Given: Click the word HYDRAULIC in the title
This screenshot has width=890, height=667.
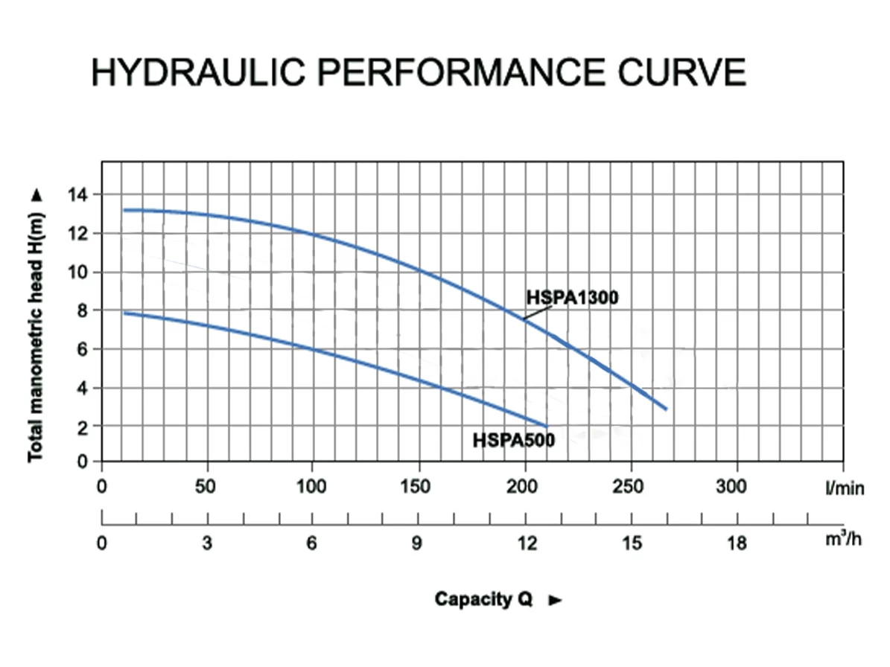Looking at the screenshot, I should tap(197, 72).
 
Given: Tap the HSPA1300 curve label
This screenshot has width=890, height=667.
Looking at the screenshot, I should tap(572, 298).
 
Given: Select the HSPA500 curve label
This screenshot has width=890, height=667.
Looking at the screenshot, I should tap(514, 441).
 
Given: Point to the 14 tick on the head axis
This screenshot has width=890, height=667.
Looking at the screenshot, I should tap(77, 195).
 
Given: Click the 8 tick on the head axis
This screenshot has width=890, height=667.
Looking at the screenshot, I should tap(83, 310).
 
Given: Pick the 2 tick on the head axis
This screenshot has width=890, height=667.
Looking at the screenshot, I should tap(83, 427).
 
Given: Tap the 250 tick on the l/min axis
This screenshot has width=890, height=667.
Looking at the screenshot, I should tap(632, 487).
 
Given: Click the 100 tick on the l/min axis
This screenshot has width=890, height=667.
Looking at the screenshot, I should tap(311, 487).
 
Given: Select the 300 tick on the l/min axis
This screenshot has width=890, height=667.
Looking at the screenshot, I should tap(737, 487).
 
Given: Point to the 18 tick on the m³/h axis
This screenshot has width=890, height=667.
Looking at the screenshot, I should tap(737, 544).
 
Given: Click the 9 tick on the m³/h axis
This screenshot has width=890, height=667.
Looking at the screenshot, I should tap(417, 544).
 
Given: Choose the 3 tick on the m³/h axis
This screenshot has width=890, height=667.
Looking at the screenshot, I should tap(207, 544).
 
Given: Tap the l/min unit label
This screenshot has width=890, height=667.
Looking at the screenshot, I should tap(844, 488).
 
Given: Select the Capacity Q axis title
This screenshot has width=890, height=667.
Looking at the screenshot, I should tap(483, 599).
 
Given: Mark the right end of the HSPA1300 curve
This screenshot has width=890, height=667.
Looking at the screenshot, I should tap(666, 409).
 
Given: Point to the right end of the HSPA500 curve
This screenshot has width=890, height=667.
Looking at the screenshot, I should tap(547, 426).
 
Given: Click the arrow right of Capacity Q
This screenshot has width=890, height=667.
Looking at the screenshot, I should tap(554, 600).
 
